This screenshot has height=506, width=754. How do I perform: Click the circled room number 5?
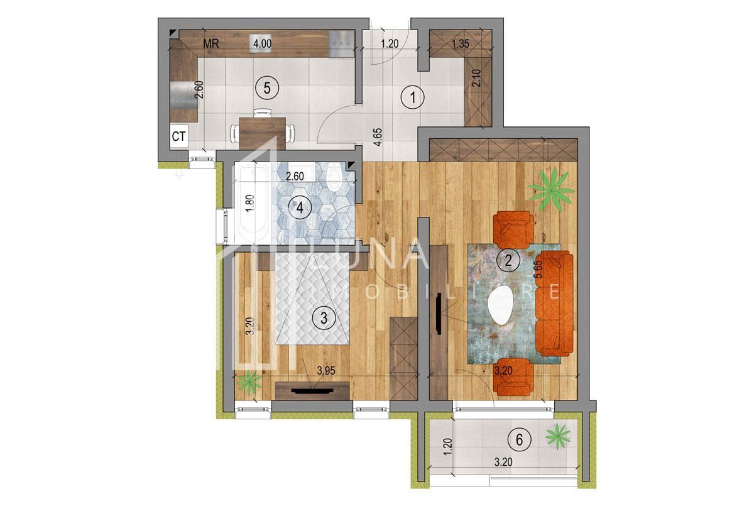(x=267, y=88)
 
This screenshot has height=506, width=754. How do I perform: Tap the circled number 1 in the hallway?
(x=413, y=97)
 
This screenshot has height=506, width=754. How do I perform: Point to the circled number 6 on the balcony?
(x=519, y=439)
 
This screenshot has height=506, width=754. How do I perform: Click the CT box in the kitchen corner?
(x=178, y=136)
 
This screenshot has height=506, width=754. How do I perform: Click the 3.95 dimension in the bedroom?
(x=326, y=371)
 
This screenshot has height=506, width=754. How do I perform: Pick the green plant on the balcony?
(x=558, y=435)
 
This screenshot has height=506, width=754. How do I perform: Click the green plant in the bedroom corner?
(x=251, y=382)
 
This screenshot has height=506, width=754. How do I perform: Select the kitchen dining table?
(x=263, y=131)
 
